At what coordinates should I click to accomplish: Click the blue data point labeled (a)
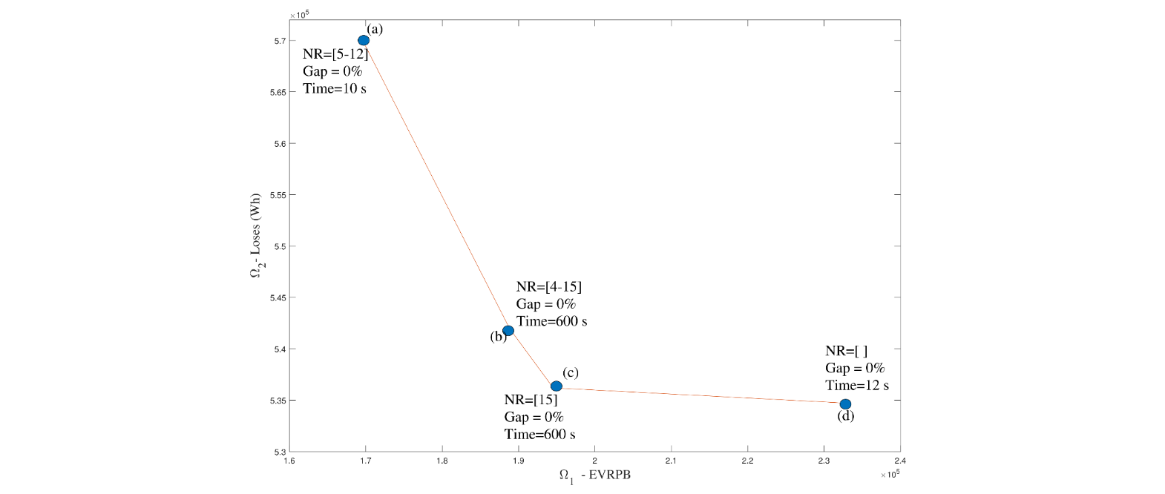[364, 40]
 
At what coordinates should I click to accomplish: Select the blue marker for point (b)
[508, 330]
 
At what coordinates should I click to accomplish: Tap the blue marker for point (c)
[557, 386]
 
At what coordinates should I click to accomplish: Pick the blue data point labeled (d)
[845, 404]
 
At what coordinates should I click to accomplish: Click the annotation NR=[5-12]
[335, 54]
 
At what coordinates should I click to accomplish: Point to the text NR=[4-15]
[549, 287]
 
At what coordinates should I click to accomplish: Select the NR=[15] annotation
[531, 400]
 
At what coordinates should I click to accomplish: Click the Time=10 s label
[335, 88]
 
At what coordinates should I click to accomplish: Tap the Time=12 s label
[857, 385]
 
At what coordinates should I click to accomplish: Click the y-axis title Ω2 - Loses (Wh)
[256, 236]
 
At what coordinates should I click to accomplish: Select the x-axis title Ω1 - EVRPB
[594, 475]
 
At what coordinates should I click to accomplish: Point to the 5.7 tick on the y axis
[280, 41]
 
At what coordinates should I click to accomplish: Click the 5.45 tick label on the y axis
[278, 298]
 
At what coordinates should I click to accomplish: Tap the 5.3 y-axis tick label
[280, 452]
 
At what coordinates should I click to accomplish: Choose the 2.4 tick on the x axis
[900, 461]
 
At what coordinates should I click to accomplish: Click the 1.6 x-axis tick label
[289, 461]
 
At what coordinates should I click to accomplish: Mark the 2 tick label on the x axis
[594, 461]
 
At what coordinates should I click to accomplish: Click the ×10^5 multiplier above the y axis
[300, 14]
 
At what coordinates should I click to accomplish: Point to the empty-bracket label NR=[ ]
[846, 351]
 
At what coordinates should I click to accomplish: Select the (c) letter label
[570, 372]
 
